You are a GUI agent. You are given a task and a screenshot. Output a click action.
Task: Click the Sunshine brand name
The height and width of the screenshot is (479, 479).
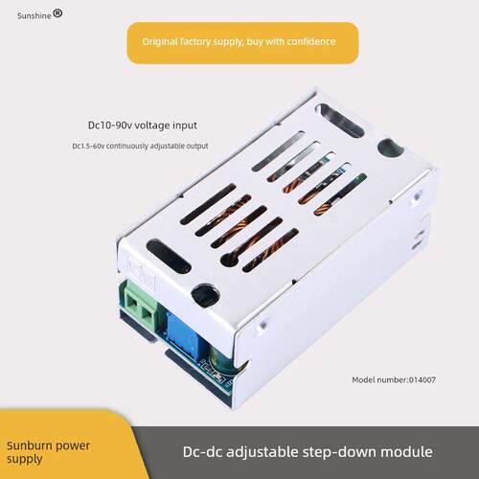pos(34,15)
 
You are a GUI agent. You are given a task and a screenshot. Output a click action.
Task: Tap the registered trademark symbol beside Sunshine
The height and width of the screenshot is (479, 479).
pos(57,13)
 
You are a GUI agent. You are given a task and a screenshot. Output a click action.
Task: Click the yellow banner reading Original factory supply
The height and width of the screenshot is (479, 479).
pos(242,43)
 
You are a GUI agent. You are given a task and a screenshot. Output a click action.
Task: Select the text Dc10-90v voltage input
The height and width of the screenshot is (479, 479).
pos(143,125)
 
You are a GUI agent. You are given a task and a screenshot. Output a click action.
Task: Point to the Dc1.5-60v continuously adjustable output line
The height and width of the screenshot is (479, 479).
pos(140,146)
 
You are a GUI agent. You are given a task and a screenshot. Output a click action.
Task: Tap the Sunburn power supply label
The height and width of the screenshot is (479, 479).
pos(48,452)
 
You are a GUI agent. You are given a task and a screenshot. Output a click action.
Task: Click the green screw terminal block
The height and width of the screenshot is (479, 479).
pos(139,305)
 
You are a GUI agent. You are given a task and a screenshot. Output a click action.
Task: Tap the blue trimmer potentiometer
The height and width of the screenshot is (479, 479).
pos(184,333)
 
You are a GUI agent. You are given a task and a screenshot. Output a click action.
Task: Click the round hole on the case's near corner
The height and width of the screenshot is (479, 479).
pos(205,294)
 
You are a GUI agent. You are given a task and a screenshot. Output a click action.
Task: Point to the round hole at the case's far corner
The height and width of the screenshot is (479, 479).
pos(390,148)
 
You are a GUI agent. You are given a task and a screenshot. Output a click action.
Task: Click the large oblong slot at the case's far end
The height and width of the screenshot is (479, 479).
pos(339,121)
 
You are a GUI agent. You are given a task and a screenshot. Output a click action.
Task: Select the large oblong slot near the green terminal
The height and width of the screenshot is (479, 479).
pos(169,256)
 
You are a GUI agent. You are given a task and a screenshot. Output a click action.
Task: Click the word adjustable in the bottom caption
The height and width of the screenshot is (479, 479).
pos(262,453)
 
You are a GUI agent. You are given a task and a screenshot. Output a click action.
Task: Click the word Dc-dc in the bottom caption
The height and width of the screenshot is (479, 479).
pos(202,452)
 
